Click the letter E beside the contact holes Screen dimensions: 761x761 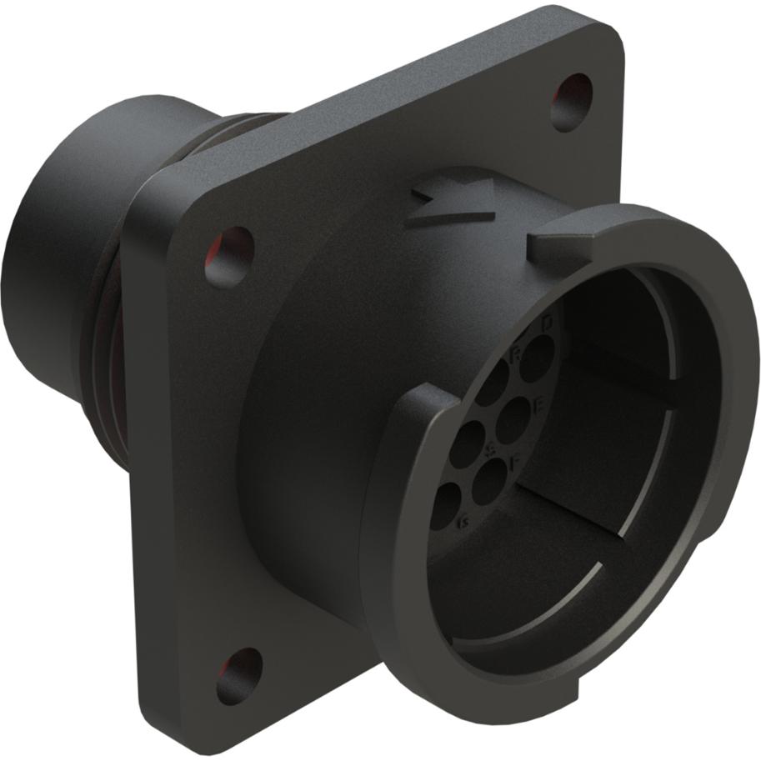(538, 406)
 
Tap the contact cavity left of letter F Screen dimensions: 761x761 (490, 476)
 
